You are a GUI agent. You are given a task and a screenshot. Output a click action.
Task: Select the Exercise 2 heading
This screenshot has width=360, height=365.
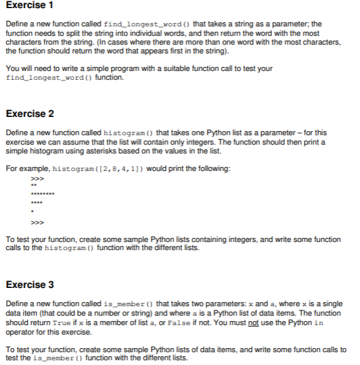tap(29, 113)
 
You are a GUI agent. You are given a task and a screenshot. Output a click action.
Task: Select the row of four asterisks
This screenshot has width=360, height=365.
tap(37, 202)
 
